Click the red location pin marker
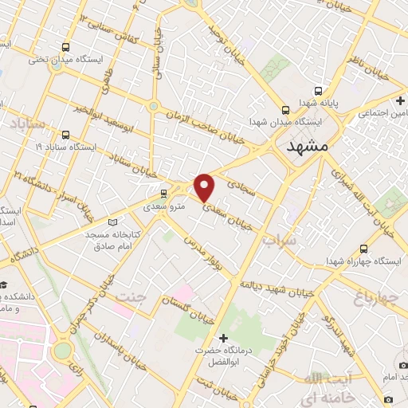(x=205, y=186)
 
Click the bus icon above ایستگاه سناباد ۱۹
(x=65, y=135)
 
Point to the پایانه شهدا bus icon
(x=318, y=90)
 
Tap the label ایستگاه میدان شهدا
(x=284, y=122)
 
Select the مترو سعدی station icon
(x=163, y=193)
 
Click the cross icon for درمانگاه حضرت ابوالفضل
(x=223, y=338)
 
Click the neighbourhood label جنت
(x=131, y=296)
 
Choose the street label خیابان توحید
(x=226, y=32)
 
